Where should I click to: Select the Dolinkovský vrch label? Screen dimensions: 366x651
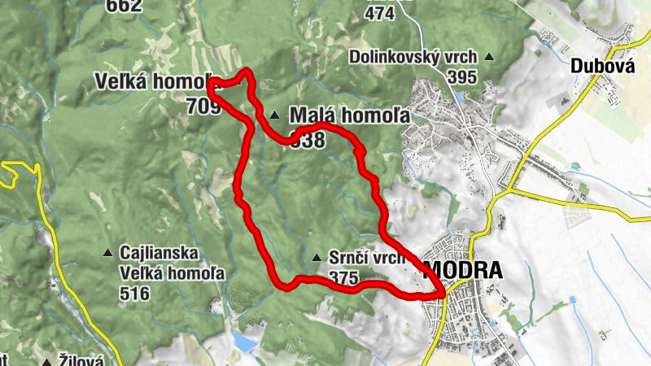(x=413, y=57)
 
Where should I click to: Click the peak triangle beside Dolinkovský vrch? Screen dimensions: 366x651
(x=489, y=57)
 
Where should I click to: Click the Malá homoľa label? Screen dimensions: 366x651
(x=349, y=115)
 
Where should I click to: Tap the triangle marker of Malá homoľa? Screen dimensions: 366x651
(x=275, y=115)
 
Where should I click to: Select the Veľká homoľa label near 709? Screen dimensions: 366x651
(x=151, y=83)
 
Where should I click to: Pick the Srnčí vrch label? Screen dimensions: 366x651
(x=367, y=259)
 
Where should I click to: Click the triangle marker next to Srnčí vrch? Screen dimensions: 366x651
(x=317, y=258)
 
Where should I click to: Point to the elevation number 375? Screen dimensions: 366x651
(x=344, y=278)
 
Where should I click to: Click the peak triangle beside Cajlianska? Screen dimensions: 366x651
(x=107, y=253)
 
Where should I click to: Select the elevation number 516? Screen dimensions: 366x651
(x=133, y=293)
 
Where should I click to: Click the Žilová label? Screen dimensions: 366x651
(x=81, y=359)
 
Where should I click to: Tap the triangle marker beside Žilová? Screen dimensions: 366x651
(x=47, y=359)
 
